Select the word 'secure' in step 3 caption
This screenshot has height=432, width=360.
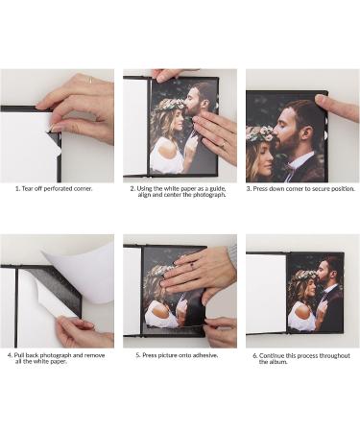click(318, 189)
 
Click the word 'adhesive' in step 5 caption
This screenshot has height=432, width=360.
click(203, 354)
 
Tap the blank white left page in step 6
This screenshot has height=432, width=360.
click(266, 292)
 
